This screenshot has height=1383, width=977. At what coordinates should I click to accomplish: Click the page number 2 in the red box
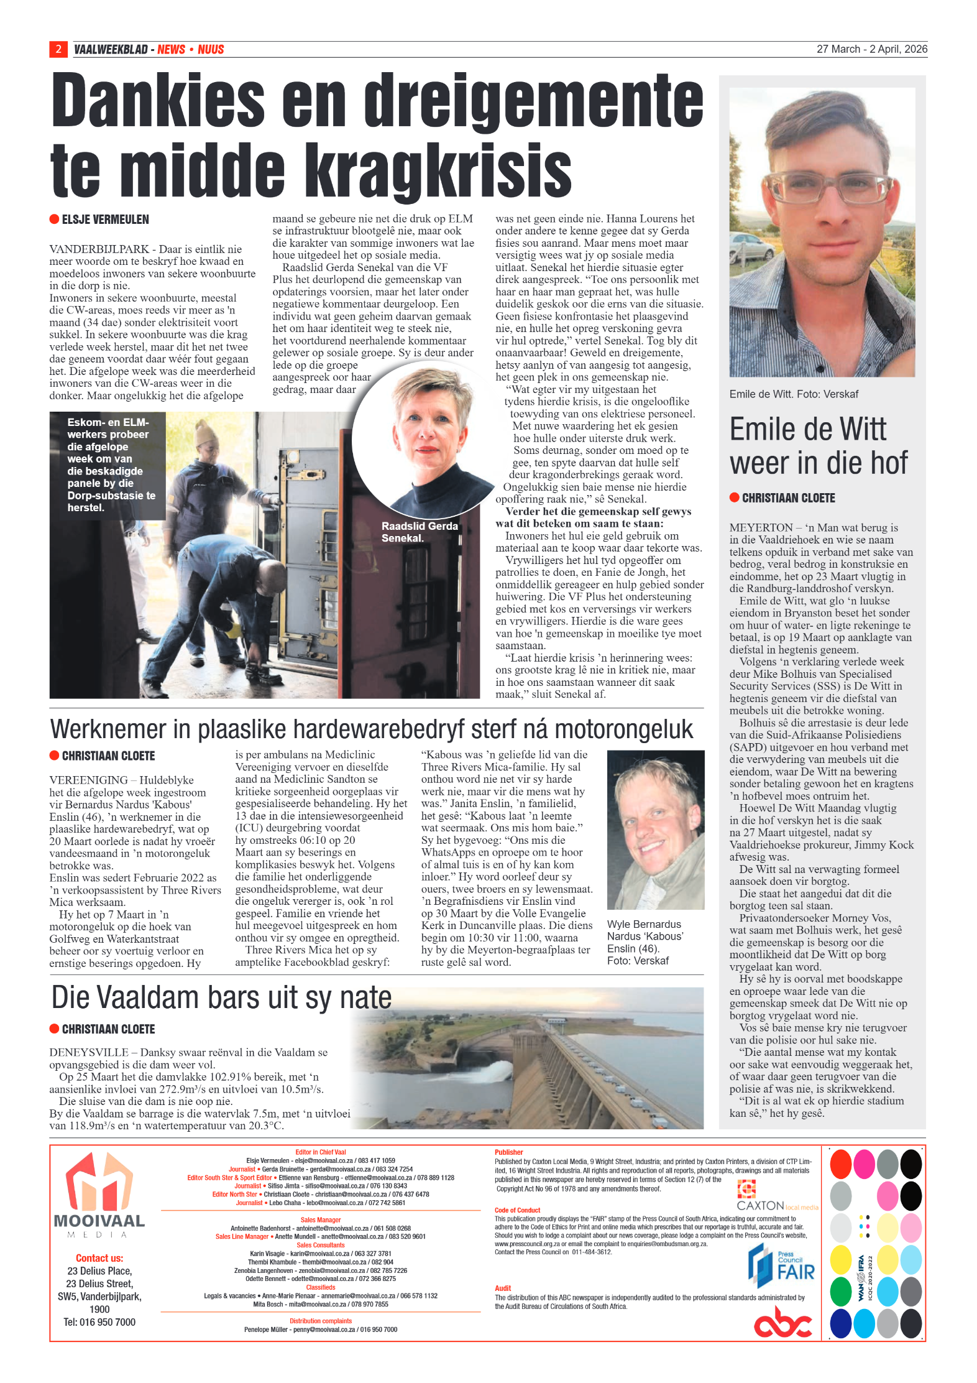(x=58, y=49)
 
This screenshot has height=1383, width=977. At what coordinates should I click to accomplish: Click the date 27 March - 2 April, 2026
(x=871, y=49)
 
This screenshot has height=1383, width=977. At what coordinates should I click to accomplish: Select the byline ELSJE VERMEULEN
(x=105, y=220)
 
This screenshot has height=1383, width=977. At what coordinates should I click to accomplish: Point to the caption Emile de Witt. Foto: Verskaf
(x=794, y=394)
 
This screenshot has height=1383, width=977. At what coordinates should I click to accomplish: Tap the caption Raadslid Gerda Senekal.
(x=420, y=532)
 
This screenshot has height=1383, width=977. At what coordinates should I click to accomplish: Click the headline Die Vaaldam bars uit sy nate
(x=221, y=997)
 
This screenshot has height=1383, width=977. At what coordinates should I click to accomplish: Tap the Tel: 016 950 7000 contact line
(x=99, y=1322)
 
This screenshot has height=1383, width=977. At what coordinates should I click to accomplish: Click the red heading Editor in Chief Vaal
(x=320, y=1152)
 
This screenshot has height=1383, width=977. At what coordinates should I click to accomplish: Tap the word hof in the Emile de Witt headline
(x=886, y=463)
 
